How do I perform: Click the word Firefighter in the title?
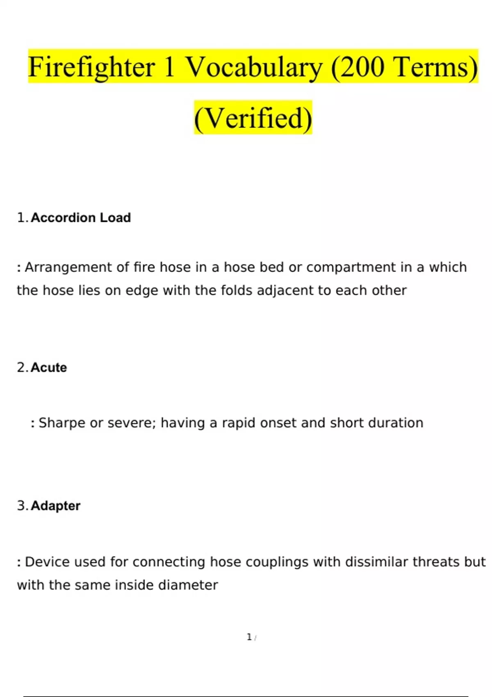tap(91, 67)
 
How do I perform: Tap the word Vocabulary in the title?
tap(254, 67)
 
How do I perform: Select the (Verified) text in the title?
tap(253, 118)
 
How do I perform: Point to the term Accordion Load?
tap(81, 218)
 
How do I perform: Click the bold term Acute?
tap(49, 367)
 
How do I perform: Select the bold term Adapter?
tap(55, 506)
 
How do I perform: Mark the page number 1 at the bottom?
tap(249, 637)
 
